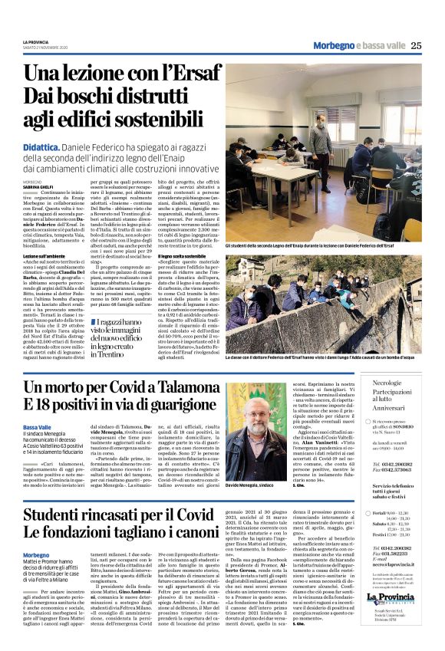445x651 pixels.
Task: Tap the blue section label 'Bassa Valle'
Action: (x=38, y=427)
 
